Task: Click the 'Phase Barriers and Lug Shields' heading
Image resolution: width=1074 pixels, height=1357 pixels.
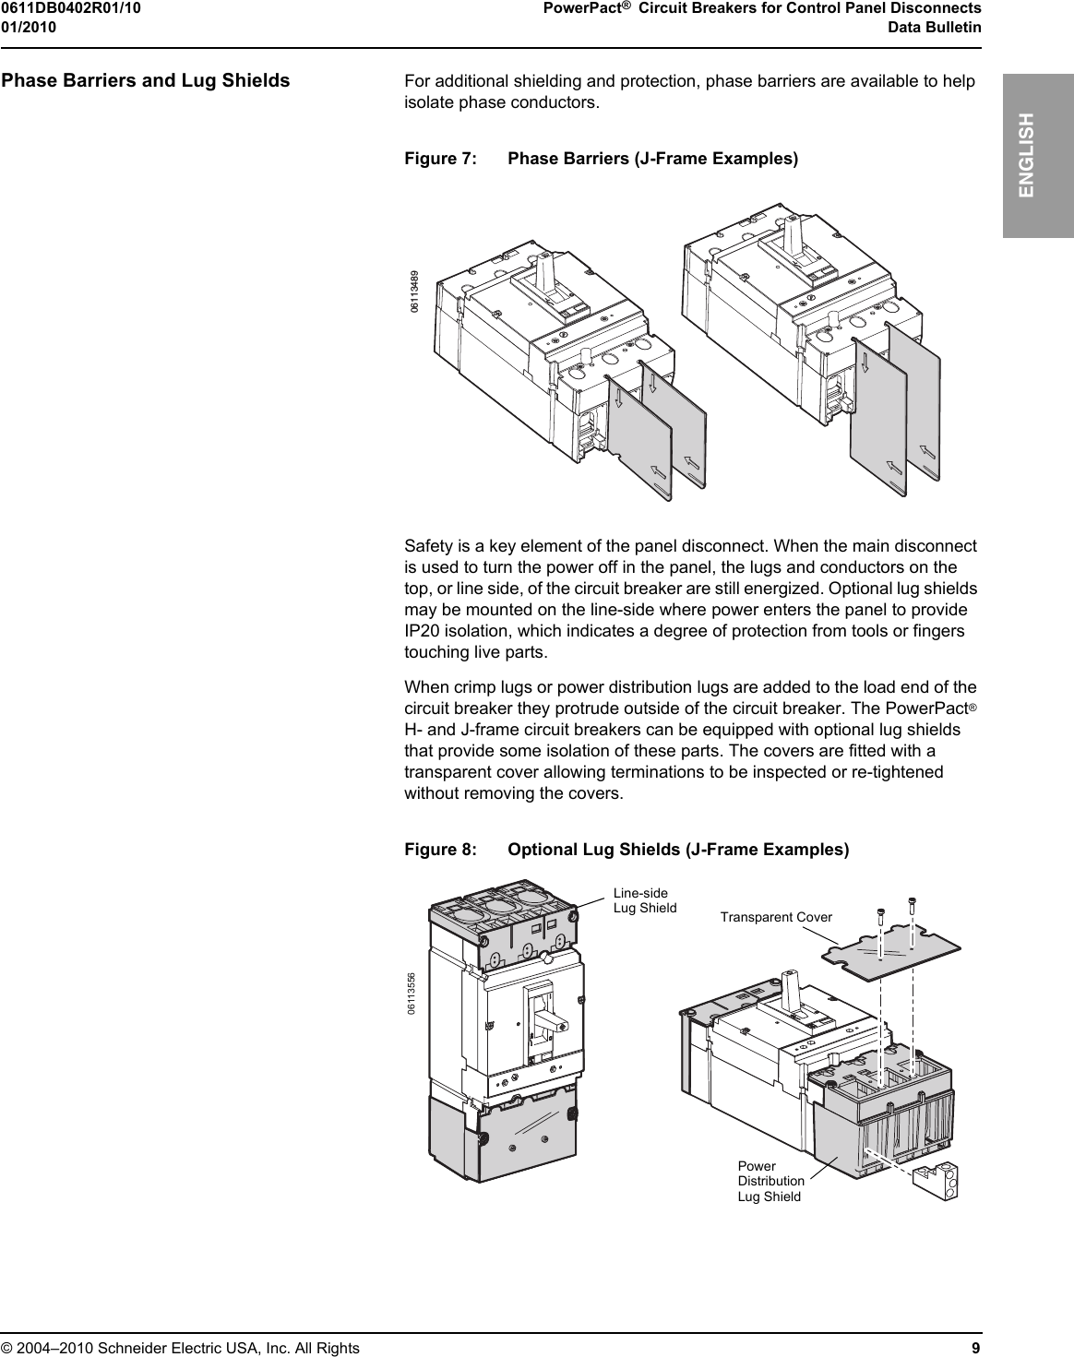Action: click(146, 80)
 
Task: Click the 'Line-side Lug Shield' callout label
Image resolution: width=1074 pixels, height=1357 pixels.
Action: click(644, 900)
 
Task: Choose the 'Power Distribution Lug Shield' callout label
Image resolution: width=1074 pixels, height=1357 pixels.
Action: click(770, 1181)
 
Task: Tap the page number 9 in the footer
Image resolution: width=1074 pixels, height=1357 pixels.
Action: click(976, 1348)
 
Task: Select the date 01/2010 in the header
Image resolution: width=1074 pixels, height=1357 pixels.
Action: click(29, 27)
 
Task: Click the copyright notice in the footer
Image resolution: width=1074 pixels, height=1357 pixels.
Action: click(180, 1348)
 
